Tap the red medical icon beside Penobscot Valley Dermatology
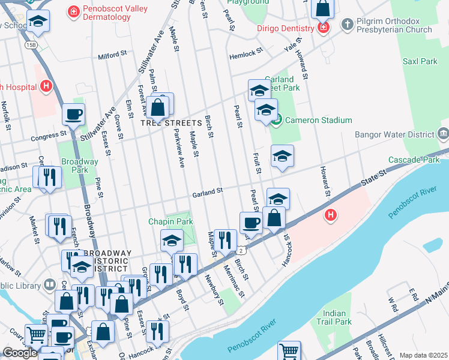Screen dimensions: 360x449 point(74,11)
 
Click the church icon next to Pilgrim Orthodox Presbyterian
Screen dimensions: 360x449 point(347,25)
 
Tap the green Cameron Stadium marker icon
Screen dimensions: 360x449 point(276,120)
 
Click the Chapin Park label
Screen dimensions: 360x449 point(171,221)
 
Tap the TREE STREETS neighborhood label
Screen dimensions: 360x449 point(171,122)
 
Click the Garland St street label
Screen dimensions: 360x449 point(208,191)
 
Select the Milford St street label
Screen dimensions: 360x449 point(113,53)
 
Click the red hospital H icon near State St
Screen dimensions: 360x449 point(330,215)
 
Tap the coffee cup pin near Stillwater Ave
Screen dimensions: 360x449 point(74,114)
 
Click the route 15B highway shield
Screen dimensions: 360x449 point(31,45)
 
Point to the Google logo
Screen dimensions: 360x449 point(20,353)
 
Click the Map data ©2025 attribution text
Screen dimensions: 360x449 point(423,355)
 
